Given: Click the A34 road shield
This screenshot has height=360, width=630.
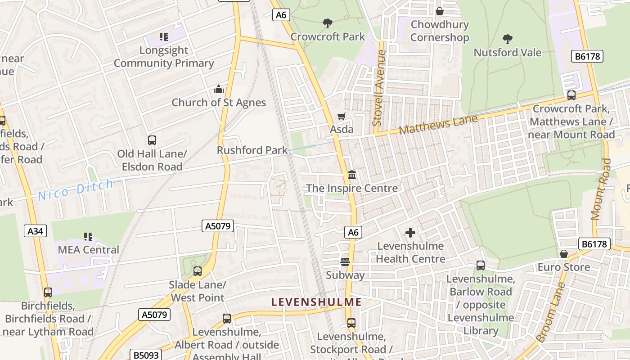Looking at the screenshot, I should [x=35, y=231].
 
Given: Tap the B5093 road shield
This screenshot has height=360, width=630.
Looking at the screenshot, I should [x=146, y=355].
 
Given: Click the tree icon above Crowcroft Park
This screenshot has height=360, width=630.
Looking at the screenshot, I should [x=328, y=23].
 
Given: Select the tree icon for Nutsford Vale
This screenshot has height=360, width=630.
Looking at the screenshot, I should [x=508, y=39].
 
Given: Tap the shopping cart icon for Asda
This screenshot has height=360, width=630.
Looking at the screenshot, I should [x=342, y=117].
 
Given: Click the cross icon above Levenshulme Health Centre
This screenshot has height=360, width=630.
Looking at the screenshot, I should [x=410, y=233].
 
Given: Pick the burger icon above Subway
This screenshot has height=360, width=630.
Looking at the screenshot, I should [x=345, y=262].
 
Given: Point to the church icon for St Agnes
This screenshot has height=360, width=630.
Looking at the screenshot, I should [x=219, y=89].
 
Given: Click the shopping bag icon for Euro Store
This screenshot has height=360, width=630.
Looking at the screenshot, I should [x=564, y=254].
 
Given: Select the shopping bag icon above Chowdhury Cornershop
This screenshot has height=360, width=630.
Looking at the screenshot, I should [x=440, y=11].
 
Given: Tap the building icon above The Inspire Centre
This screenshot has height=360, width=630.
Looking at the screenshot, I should [x=352, y=175].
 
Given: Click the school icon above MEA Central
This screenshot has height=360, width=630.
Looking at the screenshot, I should [x=88, y=236].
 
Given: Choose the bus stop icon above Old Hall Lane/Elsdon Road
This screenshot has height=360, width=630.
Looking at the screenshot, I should [x=152, y=140].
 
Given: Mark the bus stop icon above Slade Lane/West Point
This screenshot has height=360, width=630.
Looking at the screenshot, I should [x=197, y=271].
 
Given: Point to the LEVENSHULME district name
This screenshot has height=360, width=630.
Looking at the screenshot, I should [x=317, y=302].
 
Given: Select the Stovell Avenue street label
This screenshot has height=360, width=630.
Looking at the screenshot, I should [x=380, y=88].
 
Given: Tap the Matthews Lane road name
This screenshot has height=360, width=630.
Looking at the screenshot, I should [x=438, y=125].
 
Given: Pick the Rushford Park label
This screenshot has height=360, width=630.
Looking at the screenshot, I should [x=252, y=150].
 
